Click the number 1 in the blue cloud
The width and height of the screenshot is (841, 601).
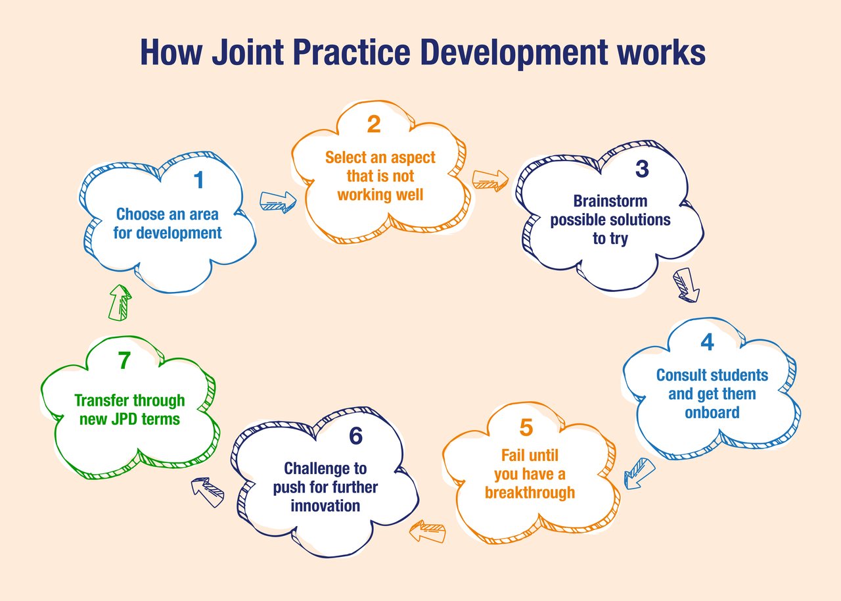point(198,180)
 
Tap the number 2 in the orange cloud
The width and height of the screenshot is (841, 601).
point(374,124)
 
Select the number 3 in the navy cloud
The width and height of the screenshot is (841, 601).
point(641,169)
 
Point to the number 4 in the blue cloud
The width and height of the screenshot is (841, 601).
point(707,343)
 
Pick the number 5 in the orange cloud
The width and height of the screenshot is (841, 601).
point(526,427)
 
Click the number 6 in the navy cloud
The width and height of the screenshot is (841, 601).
point(355,436)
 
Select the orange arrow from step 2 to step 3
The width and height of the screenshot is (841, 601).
point(490,180)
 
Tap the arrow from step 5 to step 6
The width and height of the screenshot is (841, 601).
point(427,531)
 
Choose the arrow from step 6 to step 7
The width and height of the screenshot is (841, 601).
point(208,491)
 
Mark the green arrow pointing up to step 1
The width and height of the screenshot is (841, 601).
point(120,302)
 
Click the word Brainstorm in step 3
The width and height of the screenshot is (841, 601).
point(610,201)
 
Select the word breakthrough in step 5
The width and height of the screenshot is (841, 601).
point(530,493)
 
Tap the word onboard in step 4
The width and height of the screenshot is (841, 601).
point(712,412)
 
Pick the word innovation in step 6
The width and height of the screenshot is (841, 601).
point(325,506)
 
